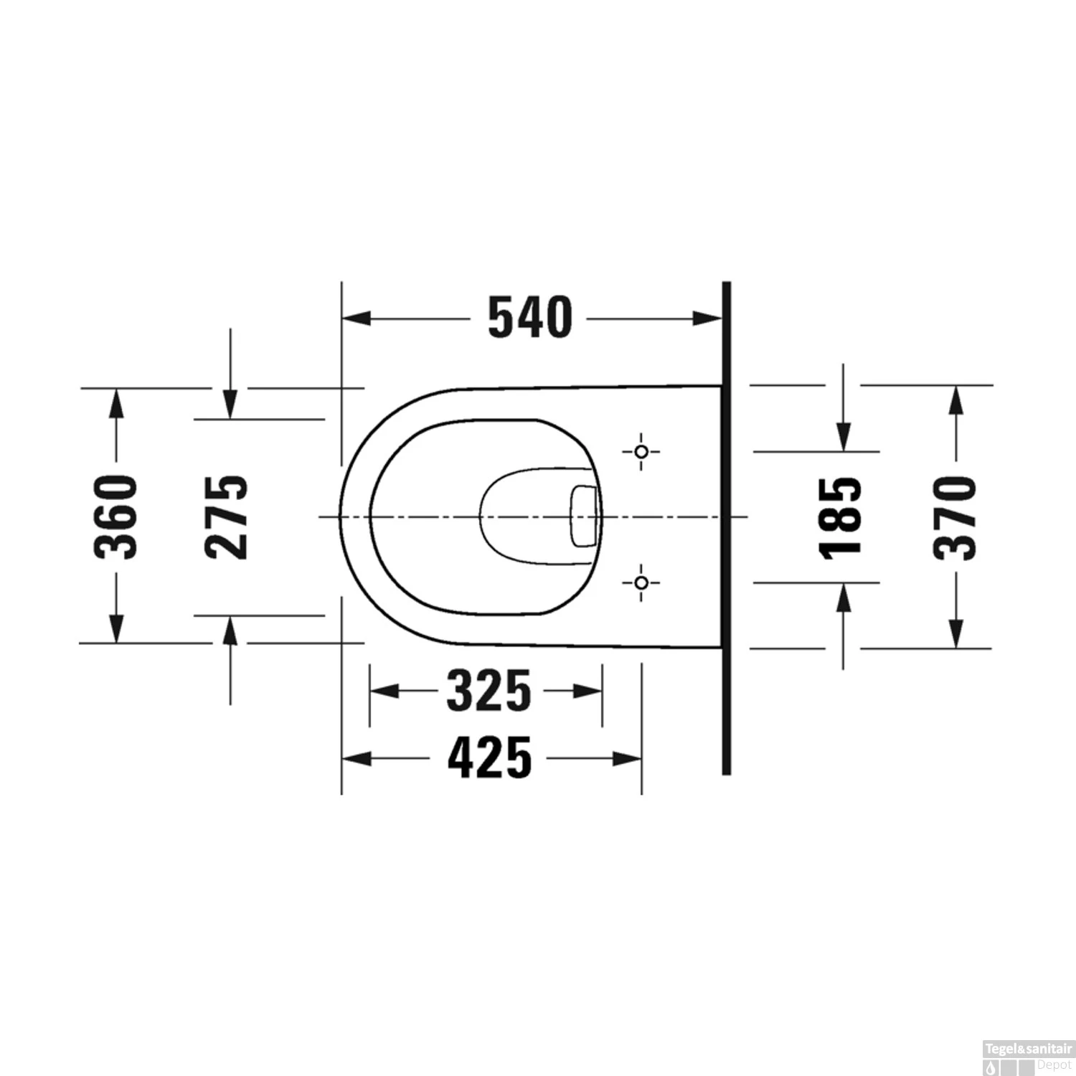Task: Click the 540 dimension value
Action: pyautogui.click(x=530, y=318)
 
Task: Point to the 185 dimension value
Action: pyautogui.click(x=841, y=516)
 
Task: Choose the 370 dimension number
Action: pyautogui.click(x=955, y=516)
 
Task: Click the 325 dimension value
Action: pyautogui.click(x=489, y=691)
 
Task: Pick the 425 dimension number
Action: pyautogui.click(x=490, y=758)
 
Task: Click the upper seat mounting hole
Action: pyautogui.click(x=642, y=451)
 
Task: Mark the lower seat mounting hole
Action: pyautogui.click(x=642, y=582)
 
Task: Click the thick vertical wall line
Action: pyautogui.click(x=726, y=528)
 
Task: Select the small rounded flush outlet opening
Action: pyautogui.click(x=583, y=515)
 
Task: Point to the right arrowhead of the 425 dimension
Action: pyautogui.click(x=627, y=758)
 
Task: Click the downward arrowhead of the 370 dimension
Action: pyautogui.click(x=955, y=633)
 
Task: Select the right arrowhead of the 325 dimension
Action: pyautogui.click(x=587, y=691)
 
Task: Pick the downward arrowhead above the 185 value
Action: pyautogui.click(x=844, y=437)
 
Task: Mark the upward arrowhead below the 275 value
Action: pyautogui.click(x=230, y=631)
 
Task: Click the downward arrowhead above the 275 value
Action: pyautogui.click(x=230, y=404)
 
